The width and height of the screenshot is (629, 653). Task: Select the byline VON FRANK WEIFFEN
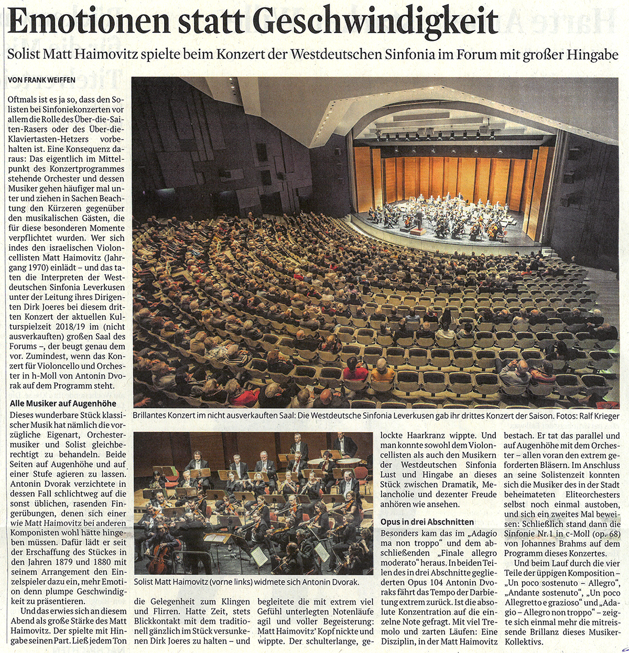point(42,80)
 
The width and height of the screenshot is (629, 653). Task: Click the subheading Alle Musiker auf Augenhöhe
point(63,404)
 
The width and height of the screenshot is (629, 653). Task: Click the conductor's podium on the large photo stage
point(417,230)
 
